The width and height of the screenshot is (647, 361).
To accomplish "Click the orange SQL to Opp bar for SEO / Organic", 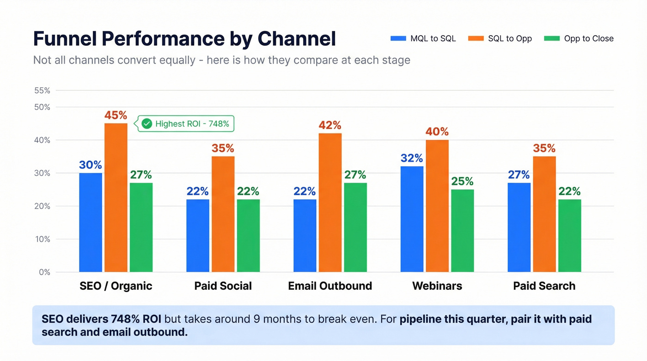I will coord(116,197).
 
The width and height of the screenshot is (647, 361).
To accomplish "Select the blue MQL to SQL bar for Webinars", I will coord(412,219).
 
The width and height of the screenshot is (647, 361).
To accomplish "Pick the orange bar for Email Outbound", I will coord(330,202).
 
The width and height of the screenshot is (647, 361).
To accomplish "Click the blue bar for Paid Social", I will coord(198,236).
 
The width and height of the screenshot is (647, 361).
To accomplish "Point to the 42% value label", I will coord(330,125).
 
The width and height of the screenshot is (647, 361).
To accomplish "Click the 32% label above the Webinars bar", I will coord(412,158).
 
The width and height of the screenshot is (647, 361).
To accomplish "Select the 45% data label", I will coord(116,115).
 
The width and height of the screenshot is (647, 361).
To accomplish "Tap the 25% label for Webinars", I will coord(462,181).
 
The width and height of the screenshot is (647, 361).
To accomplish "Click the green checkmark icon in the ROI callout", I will coord(146,124).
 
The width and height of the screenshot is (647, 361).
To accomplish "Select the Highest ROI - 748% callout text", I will coord(192,124).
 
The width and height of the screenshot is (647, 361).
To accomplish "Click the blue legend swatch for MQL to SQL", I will coord(398,39).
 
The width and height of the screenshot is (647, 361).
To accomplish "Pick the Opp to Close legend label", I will coord(588,39).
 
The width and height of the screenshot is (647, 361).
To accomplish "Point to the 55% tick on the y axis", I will coord(42,91).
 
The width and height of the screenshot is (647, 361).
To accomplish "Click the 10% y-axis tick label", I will coord(42,239).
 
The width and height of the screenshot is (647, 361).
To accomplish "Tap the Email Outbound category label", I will coord(330,286).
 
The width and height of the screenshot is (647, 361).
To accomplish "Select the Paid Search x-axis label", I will coord(544,286).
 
